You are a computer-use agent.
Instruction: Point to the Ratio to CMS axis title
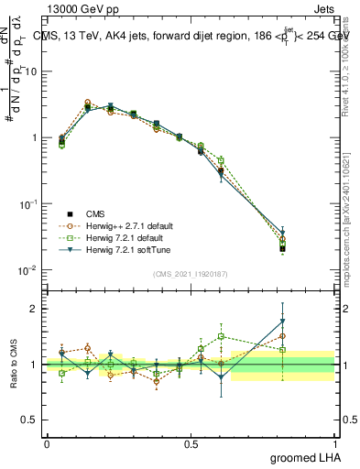14,364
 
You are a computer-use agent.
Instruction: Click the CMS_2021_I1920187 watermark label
190,272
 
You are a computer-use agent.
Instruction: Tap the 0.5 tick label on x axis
191,442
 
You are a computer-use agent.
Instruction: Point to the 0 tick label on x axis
47,442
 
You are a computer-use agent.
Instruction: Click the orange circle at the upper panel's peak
88,103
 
